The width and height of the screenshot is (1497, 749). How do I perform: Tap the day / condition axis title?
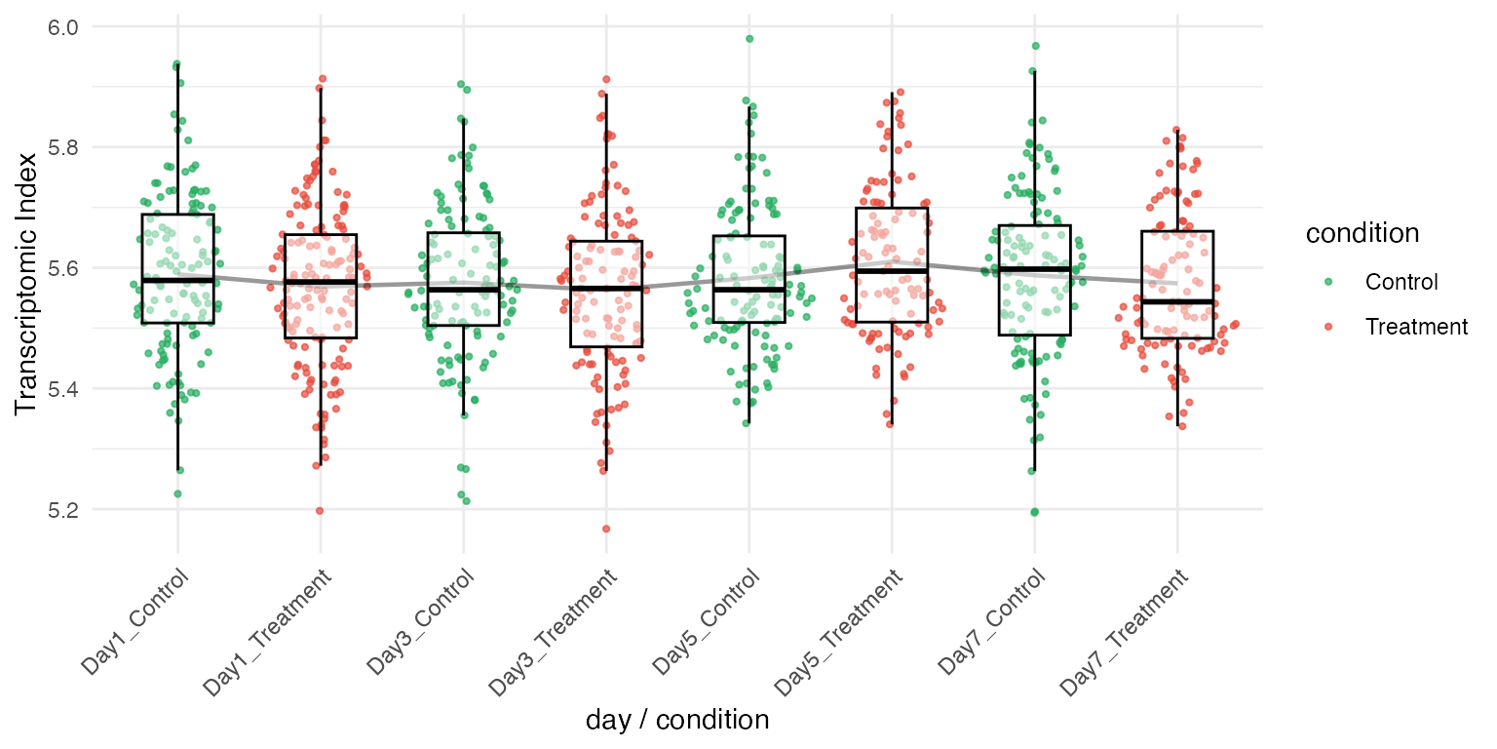tap(677, 721)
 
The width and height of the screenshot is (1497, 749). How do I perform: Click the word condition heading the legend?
tap(1362, 233)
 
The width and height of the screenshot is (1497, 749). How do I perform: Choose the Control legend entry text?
tap(1401, 283)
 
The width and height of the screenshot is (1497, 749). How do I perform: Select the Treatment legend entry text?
tap(1416, 327)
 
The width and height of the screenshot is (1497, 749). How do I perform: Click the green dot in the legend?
tap(1328, 283)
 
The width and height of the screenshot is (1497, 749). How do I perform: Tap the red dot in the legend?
tap(1328, 327)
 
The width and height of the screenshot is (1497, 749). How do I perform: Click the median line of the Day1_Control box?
tap(177, 280)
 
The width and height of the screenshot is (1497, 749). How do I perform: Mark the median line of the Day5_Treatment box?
tap(891, 270)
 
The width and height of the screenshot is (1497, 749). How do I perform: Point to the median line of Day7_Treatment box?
tap(1177, 301)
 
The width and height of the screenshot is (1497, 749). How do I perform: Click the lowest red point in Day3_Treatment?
tap(605, 529)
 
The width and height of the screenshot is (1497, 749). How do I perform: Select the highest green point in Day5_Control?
tap(749, 39)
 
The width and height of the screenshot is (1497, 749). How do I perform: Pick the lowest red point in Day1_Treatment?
tap(320, 510)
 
